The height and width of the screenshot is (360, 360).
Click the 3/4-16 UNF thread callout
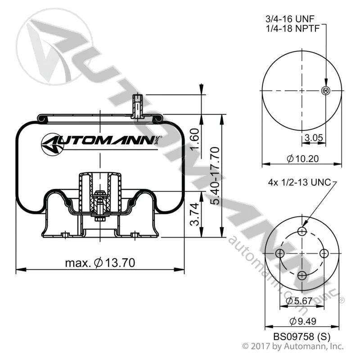coord(290,19)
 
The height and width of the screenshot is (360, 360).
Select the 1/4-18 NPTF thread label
coord(293,28)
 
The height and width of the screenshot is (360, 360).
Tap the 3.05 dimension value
coord(314,138)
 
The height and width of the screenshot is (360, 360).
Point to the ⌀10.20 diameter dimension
coord(303,159)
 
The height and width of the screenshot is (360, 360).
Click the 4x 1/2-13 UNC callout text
coord(299,183)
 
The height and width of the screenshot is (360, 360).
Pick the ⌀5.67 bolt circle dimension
coord(299,301)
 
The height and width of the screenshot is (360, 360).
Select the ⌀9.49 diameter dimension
coord(302,321)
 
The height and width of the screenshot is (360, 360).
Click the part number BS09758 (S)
coord(301,337)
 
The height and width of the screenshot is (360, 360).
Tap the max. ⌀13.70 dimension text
coord(100,263)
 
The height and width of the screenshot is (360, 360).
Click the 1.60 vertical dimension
coord(195,139)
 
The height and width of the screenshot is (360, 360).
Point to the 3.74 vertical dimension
coord(195,214)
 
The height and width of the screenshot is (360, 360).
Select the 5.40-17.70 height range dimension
coord(215,175)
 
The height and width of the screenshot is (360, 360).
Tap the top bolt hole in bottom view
coord(302,231)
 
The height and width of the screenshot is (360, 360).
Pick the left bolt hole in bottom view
coord(280,254)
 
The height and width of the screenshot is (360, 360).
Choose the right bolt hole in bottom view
coord(324,253)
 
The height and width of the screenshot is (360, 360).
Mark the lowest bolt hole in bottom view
coord(302,275)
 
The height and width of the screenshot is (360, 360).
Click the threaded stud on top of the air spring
coord(137,106)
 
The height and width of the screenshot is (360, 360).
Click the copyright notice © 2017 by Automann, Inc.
coord(293,346)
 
